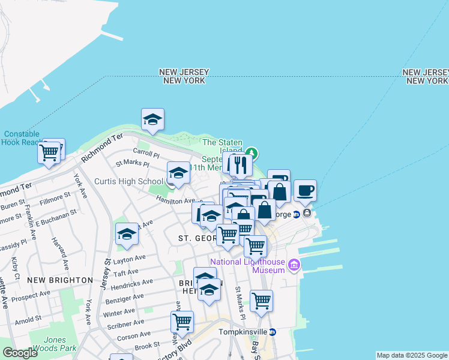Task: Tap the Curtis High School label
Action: pos(128,181)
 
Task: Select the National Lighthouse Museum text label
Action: pos(247,266)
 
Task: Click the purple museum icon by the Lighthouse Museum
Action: pos(294,265)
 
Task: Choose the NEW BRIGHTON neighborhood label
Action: pos(60,280)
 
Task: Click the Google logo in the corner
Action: pos(20,353)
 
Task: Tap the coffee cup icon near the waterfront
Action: pos(305,191)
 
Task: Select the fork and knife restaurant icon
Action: pos(241,165)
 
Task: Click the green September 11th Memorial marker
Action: pos(253,153)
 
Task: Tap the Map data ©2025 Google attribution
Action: pos(411,355)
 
